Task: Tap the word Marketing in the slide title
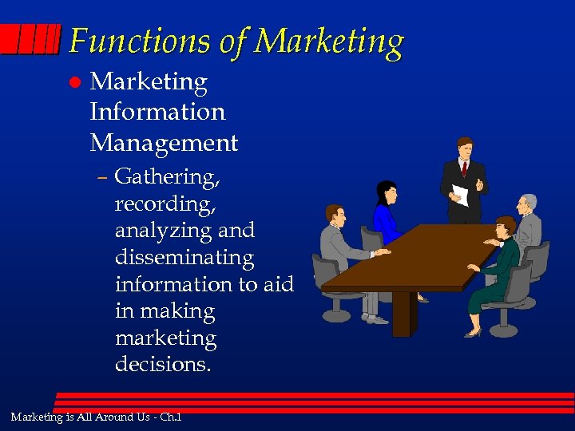331,42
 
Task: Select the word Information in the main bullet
157,112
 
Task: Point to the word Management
164,143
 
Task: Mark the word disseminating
184,257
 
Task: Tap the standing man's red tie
463,168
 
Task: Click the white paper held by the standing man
460,195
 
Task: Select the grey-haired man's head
528,203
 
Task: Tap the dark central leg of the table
402,312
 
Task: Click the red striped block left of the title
30,38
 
